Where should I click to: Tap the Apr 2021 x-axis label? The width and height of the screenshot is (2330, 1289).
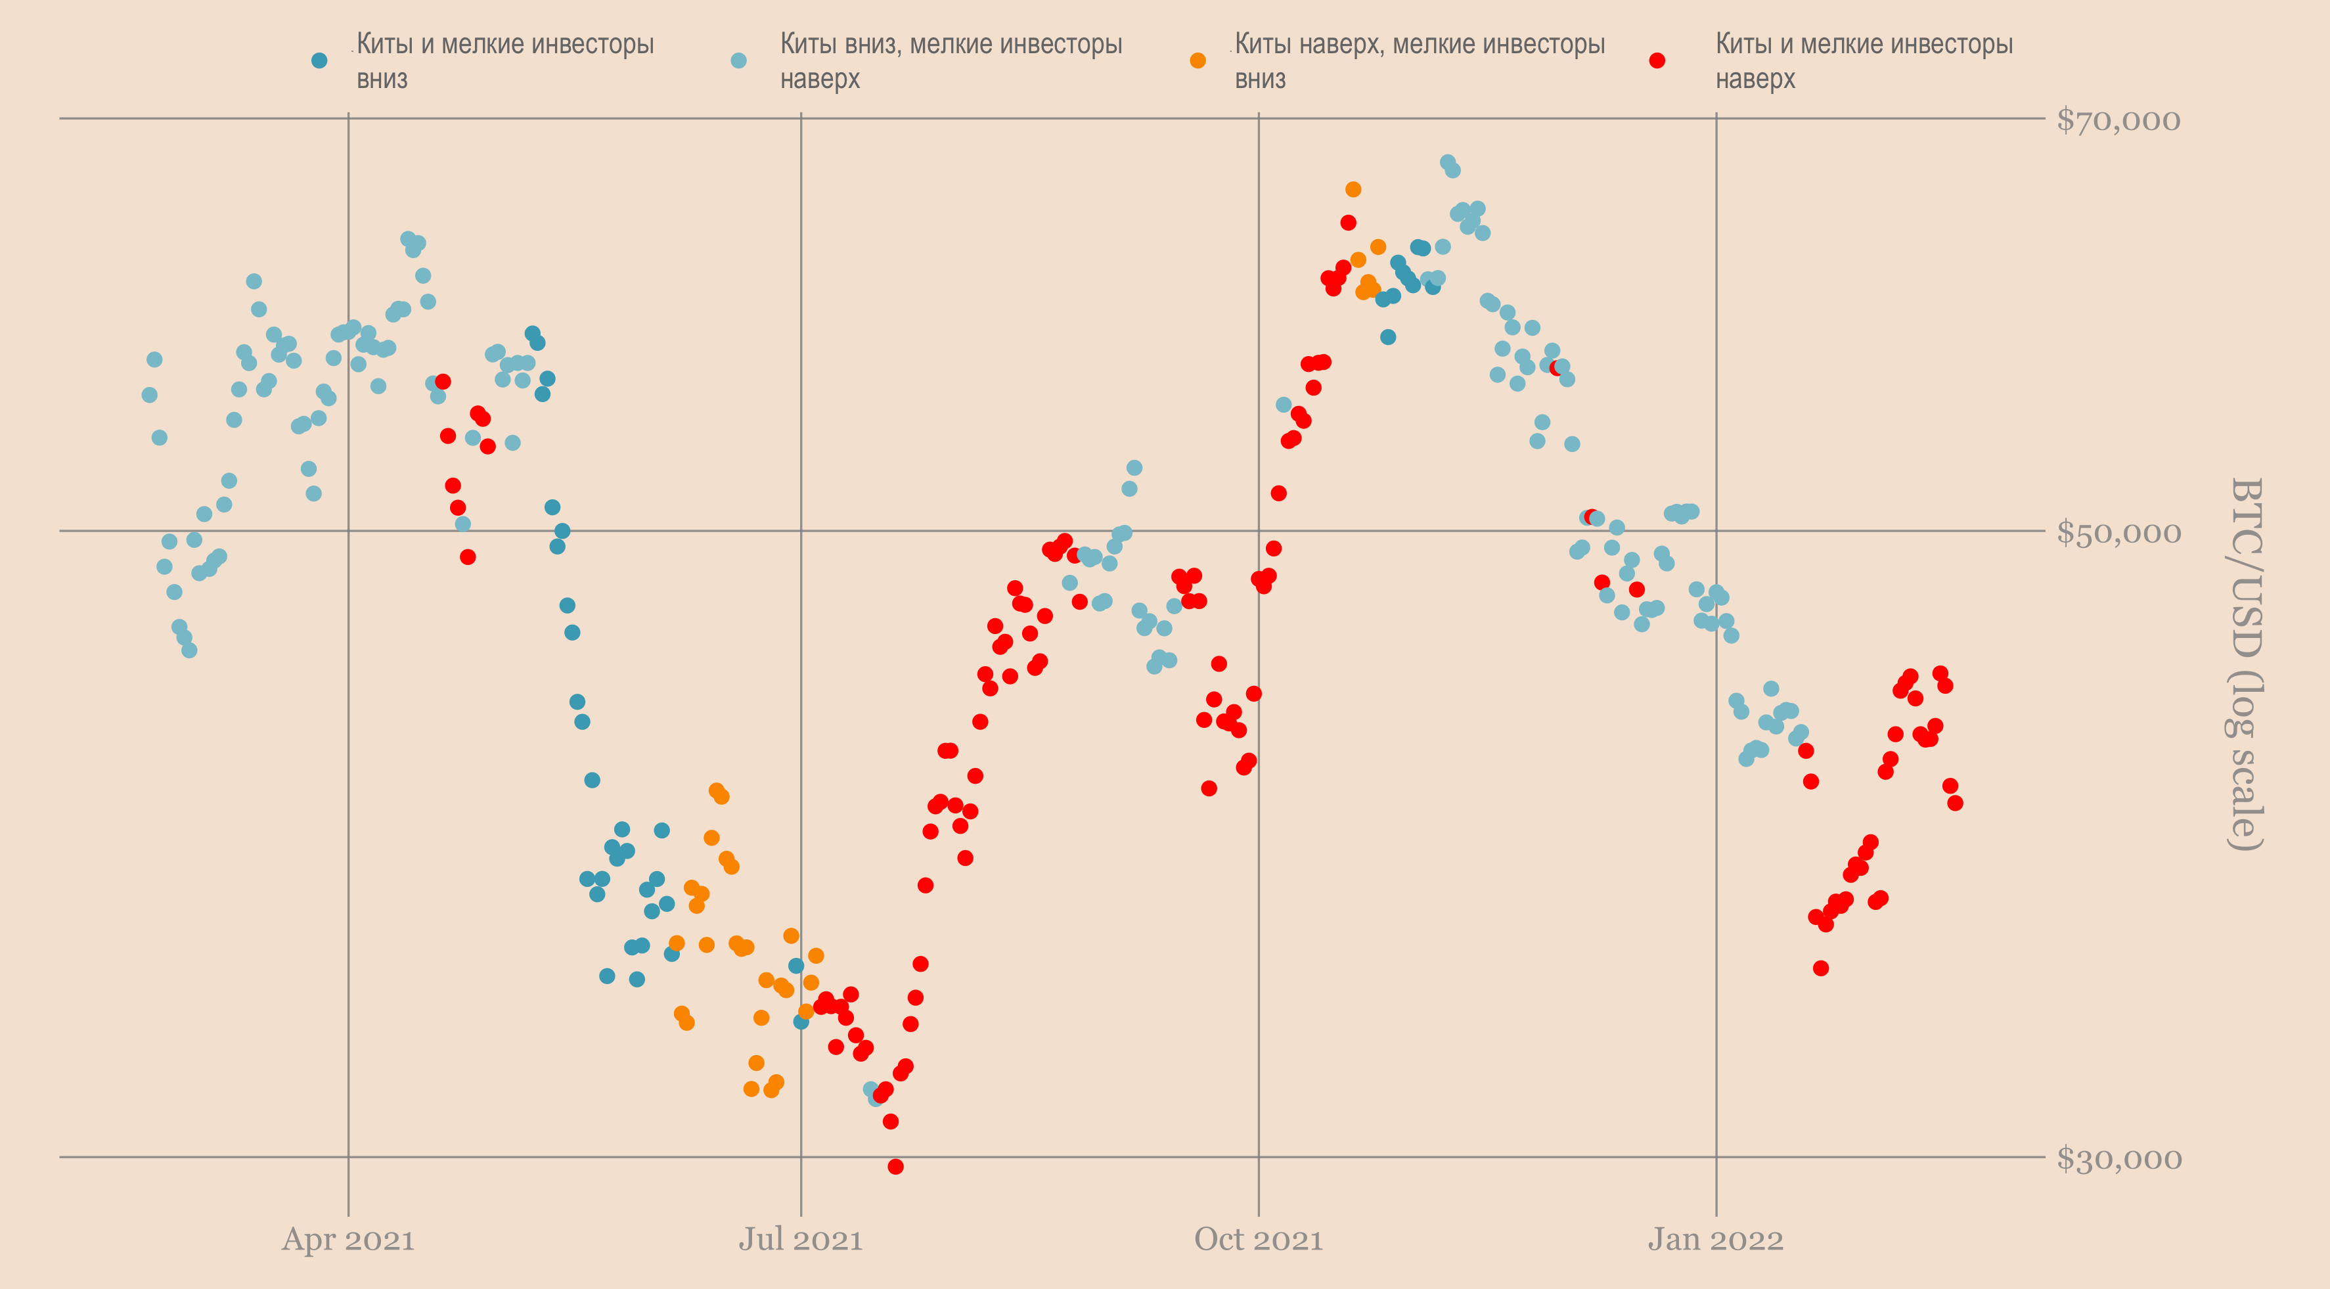[348, 1239]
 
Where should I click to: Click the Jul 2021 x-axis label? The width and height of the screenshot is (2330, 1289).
[801, 1239]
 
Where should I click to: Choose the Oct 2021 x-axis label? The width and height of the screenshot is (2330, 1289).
[1258, 1239]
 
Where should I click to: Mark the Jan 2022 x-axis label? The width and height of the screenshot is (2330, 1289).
[1715, 1239]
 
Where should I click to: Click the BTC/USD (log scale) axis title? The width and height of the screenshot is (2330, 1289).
[2245, 664]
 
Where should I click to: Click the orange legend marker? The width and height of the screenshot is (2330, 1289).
[1198, 60]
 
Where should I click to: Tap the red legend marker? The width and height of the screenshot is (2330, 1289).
[1657, 60]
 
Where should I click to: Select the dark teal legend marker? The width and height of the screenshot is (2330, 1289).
[319, 60]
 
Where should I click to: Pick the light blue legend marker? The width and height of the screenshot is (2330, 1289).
[739, 60]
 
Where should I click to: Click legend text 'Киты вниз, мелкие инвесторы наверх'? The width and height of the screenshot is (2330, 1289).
[951, 60]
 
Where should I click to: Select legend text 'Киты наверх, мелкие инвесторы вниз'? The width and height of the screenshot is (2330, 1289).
[1419, 60]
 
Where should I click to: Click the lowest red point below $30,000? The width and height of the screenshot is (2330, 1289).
[895, 1167]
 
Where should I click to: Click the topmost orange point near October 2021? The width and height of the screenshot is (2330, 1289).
[1353, 189]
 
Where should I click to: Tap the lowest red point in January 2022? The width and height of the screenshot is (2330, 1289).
[1821, 968]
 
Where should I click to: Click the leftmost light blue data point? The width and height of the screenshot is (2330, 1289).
[149, 394]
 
